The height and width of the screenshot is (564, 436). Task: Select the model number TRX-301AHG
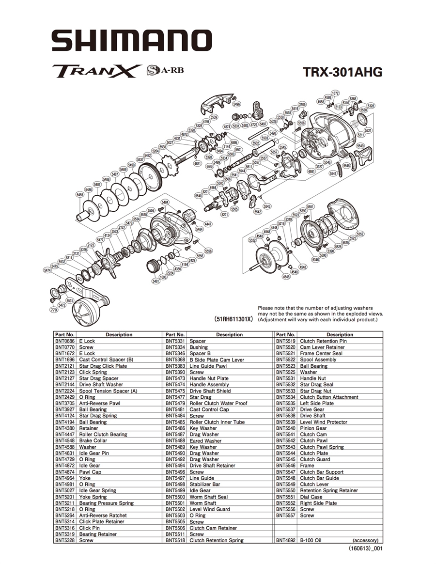[x=343, y=72]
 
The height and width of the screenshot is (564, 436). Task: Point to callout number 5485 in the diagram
[x=80, y=195]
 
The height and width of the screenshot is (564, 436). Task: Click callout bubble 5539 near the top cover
[x=214, y=117]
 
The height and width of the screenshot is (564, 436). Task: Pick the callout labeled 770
[x=53, y=309]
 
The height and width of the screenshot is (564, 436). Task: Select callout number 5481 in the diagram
[x=156, y=281]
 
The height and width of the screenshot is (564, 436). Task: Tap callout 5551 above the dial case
[x=311, y=207]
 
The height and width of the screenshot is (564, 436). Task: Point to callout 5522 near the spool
[x=252, y=240]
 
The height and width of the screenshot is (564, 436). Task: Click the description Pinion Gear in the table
[x=313, y=428]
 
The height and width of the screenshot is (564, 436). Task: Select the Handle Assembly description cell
[x=209, y=384]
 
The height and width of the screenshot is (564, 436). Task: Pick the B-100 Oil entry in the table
[x=313, y=540]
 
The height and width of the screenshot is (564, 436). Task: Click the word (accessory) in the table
[x=365, y=540]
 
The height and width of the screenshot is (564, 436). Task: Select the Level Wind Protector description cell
[x=324, y=422]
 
